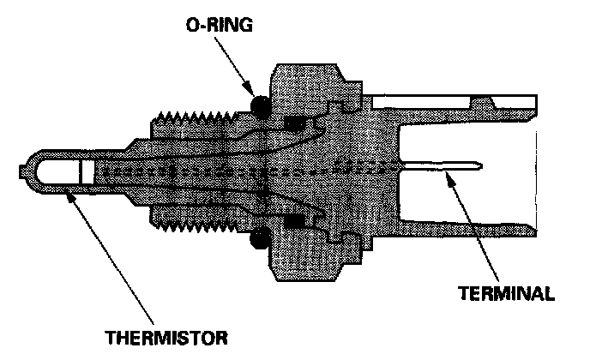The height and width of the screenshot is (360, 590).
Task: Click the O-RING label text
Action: (220, 25)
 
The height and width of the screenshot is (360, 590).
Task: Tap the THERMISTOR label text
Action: (166, 338)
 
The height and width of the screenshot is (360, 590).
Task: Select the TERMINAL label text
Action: (507, 293)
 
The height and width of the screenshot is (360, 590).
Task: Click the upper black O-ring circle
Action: (261, 106)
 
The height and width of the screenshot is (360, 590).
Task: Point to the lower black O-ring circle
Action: (260, 237)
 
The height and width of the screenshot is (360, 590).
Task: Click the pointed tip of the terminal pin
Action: (482, 165)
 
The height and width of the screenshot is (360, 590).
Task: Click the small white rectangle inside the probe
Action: (87, 172)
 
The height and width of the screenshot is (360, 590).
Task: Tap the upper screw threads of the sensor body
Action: (195, 117)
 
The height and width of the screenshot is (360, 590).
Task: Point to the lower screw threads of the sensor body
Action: (195, 225)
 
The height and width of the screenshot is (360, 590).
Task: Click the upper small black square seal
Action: (294, 124)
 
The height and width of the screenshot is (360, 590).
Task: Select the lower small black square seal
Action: (294, 221)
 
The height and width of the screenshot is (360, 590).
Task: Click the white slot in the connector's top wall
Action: (420, 102)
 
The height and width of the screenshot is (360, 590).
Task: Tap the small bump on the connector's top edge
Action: (483, 102)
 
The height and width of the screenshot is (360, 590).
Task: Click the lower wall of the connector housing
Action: (467, 228)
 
